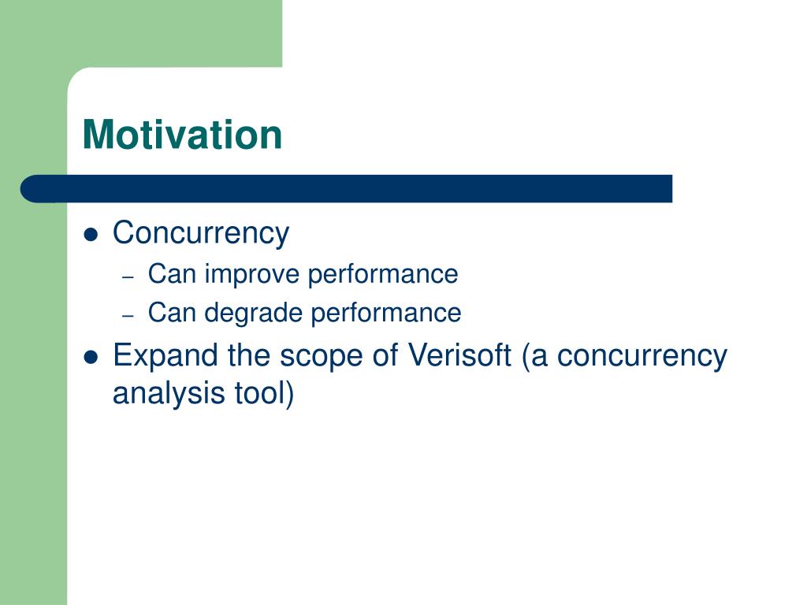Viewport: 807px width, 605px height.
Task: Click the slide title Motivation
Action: [x=182, y=135]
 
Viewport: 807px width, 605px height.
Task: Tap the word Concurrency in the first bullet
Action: [x=201, y=234]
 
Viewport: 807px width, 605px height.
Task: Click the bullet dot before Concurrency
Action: [x=91, y=235]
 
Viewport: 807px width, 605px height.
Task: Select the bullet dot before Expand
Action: [x=91, y=357]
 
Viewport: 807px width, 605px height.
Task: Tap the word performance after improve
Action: [x=383, y=275]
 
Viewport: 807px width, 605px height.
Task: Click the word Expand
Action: [x=165, y=356]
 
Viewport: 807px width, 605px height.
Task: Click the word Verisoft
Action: [x=459, y=355]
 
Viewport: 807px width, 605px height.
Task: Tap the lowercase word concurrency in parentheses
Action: [x=642, y=357]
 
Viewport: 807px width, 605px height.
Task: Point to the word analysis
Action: [x=169, y=394]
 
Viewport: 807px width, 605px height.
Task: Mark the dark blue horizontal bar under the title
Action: [x=347, y=189]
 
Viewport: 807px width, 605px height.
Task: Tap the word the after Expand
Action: [x=248, y=355]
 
